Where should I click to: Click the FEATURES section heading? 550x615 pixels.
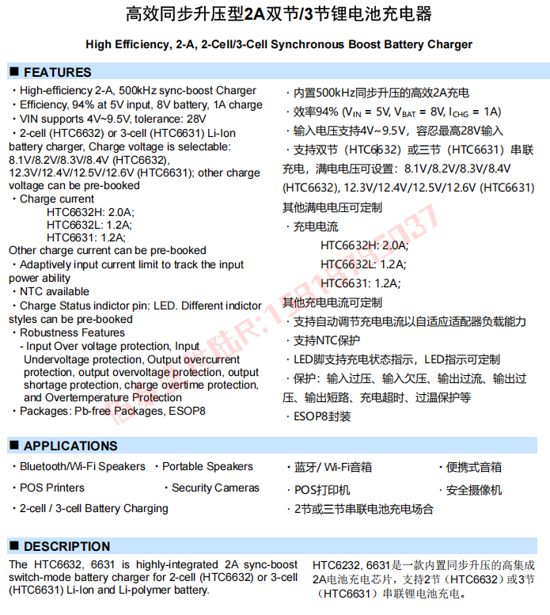pyautogui.click(x=57, y=72)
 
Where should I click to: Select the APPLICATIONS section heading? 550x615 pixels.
pyautogui.click(x=70, y=446)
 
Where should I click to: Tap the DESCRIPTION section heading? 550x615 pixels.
pyautogui.click(x=66, y=546)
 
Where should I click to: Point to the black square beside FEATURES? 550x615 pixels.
pyautogui.click(x=13, y=72)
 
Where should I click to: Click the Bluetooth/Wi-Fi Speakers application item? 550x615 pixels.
pyautogui.click(x=82, y=467)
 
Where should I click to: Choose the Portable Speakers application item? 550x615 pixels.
pyautogui.click(x=207, y=467)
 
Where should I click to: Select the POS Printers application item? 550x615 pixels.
pyautogui.click(x=52, y=488)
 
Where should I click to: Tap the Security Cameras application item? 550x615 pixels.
pyautogui.click(x=215, y=488)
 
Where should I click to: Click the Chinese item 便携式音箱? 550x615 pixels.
pyautogui.click(x=474, y=468)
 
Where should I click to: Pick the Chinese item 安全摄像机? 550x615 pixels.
pyautogui.click(x=474, y=490)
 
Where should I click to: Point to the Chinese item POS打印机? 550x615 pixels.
pyautogui.click(x=321, y=490)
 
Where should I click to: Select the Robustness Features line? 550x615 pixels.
pyautogui.click(x=72, y=332)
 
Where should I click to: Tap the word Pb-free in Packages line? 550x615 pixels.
pyautogui.click(x=93, y=412)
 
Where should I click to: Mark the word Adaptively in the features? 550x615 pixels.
pyautogui.click(x=47, y=264)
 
